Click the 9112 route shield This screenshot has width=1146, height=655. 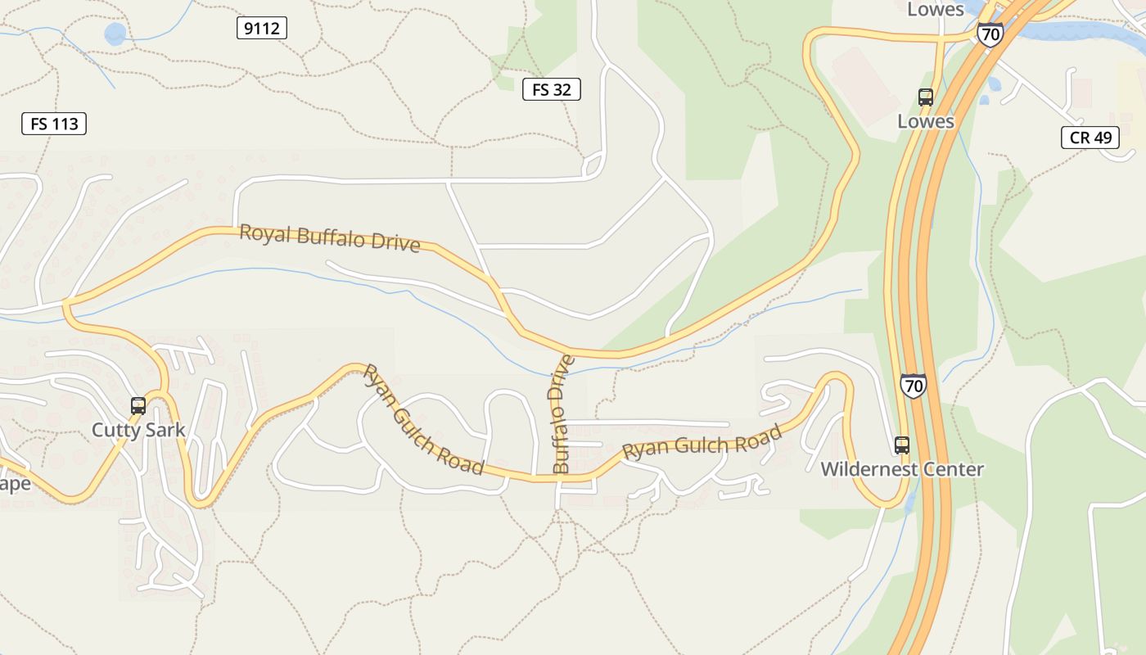(x=262, y=29)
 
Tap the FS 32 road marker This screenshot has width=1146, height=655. (x=551, y=89)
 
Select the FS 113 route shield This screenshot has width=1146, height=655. (x=54, y=124)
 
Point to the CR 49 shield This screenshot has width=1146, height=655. (x=1090, y=137)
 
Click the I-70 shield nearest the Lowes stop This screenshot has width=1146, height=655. (x=990, y=34)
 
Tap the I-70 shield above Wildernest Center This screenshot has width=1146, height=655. (x=913, y=385)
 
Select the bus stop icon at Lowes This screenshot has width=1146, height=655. (x=926, y=97)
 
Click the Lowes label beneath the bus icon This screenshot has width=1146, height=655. (x=926, y=121)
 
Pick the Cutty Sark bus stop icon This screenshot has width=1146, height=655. (x=138, y=406)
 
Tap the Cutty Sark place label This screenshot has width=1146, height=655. (x=138, y=430)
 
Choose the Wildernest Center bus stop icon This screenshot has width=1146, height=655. (x=902, y=445)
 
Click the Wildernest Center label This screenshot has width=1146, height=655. (x=902, y=469)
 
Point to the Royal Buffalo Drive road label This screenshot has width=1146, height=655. (x=330, y=238)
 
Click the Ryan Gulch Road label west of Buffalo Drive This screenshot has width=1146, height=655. (x=423, y=420)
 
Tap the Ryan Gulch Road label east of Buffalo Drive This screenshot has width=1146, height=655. (x=702, y=443)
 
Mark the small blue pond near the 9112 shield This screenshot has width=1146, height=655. (x=115, y=34)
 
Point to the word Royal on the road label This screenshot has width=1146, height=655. (x=265, y=233)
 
